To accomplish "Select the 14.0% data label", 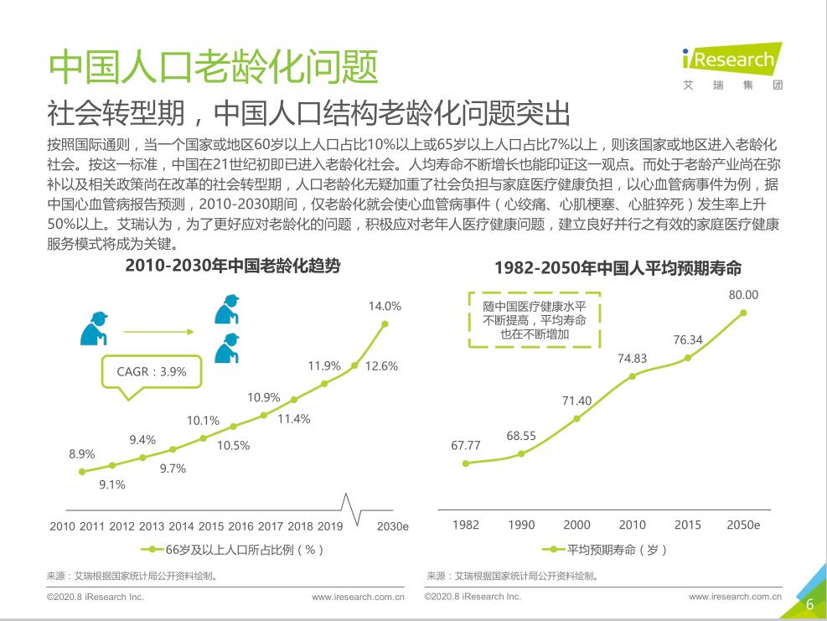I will pyautogui.click(x=385, y=306).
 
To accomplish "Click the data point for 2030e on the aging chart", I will pyautogui.click(x=385, y=324).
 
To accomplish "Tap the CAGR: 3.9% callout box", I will pyautogui.click(x=152, y=371).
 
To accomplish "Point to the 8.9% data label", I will pyautogui.click(x=81, y=454).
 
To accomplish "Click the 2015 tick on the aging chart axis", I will pyautogui.click(x=210, y=526).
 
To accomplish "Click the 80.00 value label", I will pyautogui.click(x=743, y=294).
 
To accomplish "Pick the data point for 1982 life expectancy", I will pyautogui.click(x=466, y=463).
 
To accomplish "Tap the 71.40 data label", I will pyautogui.click(x=576, y=401).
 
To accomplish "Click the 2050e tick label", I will pyautogui.click(x=743, y=525).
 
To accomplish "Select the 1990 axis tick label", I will pyautogui.click(x=521, y=525).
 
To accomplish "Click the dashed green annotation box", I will pyautogui.click(x=534, y=319).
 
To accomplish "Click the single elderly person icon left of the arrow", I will pyautogui.click(x=95, y=329).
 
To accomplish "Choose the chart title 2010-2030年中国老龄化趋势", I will pyautogui.click(x=233, y=266).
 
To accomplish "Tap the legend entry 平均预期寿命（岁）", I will pyautogui.click(x=606, y=550).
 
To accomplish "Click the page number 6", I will pyautogui.click(x=809, y=605).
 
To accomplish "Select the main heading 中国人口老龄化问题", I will pyautogui.click(x=214, y=66).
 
